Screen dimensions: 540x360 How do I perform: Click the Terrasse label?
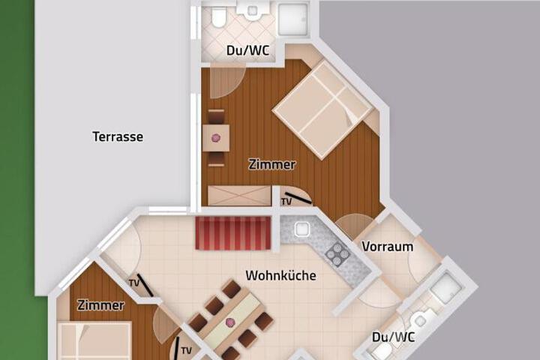118,136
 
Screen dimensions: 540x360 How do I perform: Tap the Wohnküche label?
281,275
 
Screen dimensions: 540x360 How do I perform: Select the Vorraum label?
388,247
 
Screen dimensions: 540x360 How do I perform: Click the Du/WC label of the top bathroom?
247,51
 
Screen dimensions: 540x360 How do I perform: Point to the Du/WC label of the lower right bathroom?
393,337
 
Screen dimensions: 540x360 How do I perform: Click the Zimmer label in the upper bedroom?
272,164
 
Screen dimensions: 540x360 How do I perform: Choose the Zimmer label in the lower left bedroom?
100,305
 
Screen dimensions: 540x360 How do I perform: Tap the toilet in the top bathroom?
219,16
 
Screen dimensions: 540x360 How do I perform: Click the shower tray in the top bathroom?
292,19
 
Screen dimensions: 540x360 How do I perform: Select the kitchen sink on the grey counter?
302,229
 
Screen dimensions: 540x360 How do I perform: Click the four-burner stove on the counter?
337,254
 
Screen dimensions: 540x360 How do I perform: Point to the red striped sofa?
233,233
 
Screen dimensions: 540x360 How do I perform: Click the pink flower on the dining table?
229,322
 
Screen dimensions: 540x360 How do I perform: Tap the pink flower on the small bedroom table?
216,138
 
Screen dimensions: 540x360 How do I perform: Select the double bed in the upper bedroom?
322,110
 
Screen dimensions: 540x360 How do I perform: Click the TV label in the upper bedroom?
286,202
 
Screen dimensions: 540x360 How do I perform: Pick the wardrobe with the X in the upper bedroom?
239,196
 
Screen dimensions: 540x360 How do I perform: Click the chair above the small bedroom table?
216,117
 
